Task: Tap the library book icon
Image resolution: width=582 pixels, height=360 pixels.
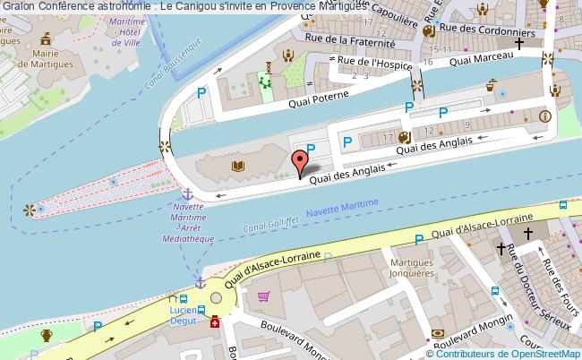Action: click(238, 166)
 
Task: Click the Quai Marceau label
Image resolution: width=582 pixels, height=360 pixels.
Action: click(481, 59)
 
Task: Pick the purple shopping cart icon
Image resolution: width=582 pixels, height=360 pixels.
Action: click(263, 296)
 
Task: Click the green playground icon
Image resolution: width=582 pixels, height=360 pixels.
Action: click(264, 81)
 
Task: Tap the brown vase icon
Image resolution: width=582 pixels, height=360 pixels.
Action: click(47, 336)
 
